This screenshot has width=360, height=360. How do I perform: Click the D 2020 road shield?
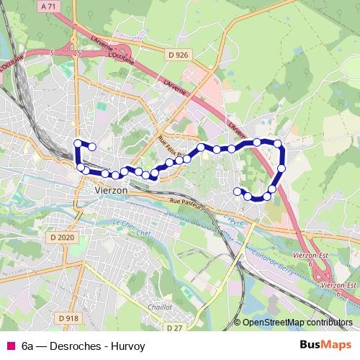tap(63, 237)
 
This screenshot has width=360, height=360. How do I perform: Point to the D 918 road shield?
tap(68, 318)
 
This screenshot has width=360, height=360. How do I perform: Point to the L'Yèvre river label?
tap(233, 219)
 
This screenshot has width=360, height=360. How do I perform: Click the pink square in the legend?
tap(10, 346)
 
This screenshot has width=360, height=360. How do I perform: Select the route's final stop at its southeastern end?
tap(238, 190)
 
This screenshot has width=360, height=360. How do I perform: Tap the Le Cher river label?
tap(124, 224)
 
